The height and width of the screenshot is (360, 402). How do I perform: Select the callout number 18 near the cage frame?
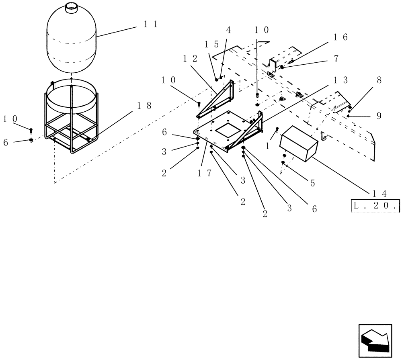(144, 106)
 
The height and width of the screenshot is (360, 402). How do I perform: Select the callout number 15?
(212, 44)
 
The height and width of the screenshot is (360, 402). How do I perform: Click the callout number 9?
(379, 116)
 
